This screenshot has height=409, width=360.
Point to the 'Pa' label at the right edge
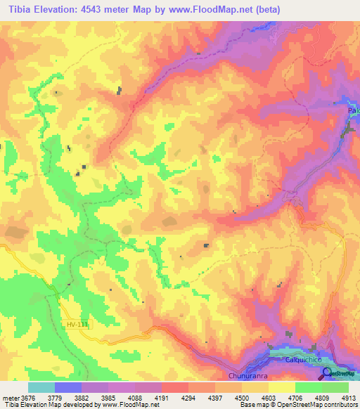[354, 111]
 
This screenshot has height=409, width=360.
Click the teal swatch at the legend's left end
[41, 387]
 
